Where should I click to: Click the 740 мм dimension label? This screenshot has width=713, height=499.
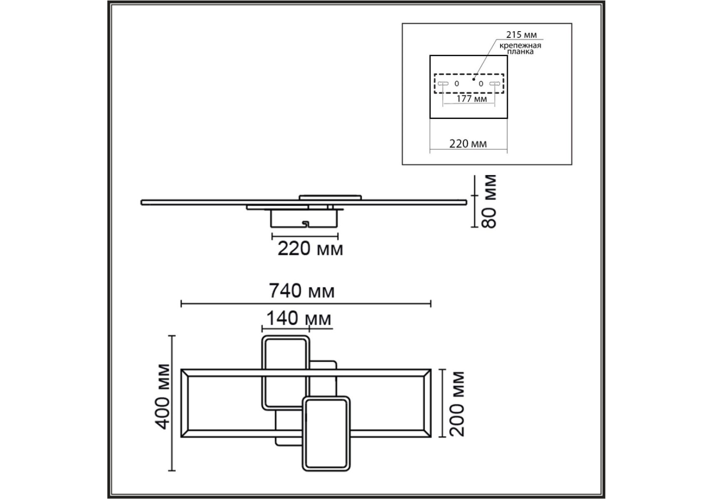click(302, 291)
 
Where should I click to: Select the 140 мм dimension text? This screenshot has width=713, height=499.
click(299, 319)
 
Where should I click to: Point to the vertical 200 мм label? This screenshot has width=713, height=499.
click(457, 404)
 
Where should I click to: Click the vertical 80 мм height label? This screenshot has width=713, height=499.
click(489, 201)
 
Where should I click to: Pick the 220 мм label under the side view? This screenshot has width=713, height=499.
click(310, 249)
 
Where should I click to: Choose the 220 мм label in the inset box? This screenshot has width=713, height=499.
click(468, 144)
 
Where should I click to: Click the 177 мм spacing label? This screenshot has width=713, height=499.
click(471, 99)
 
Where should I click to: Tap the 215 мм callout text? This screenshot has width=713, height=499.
click(521, 35)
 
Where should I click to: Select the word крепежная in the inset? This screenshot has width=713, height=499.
click(520, 45)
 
